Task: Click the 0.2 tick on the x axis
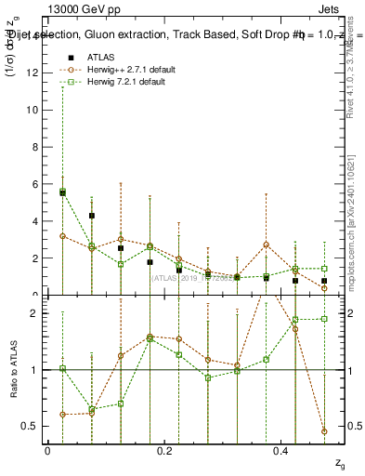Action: point(165,450)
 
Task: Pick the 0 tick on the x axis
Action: point(47,450)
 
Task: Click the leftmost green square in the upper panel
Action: point(62,192)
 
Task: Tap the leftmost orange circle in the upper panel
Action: point(62,236)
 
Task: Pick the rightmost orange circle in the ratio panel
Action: point(324,431)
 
